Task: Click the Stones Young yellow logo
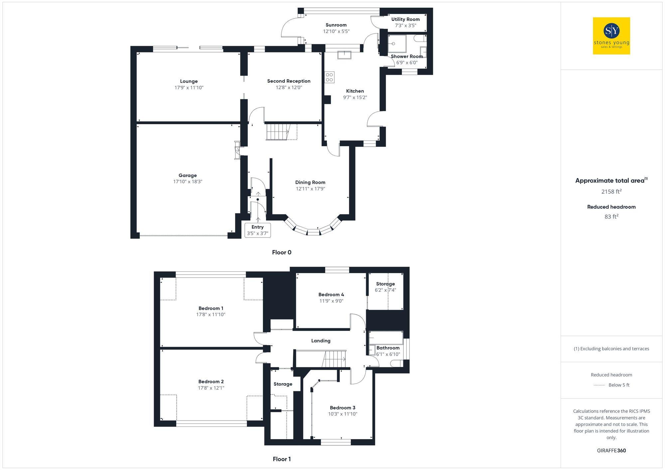click(611, 36)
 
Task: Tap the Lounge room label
click(189, 81)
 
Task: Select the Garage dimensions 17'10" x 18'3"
click(188, 182)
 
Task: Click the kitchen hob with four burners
click(330, 77)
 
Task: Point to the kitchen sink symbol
click(344, 54)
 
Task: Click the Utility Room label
click(405, 19)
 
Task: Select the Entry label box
click(257, 230)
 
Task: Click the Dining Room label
click(310, 182)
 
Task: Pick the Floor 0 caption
click(282, 252)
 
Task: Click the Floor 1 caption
click(282, 459)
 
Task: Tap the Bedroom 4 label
click(331, 295)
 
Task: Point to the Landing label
click(321, 341)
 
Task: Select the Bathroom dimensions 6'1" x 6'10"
click(388, 354)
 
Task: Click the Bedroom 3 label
click(342, 408)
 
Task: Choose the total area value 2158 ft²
click(611, 192)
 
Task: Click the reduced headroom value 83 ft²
click(611, 217)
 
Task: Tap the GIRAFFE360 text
click(611, 450)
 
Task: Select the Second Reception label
click(289, 81)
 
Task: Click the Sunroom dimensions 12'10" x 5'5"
click(336, 31)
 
